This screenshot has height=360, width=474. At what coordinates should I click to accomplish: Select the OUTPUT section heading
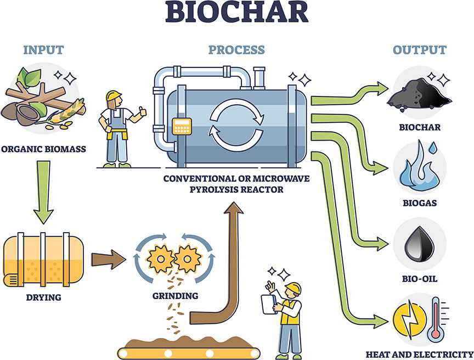(x=419, y=50)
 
